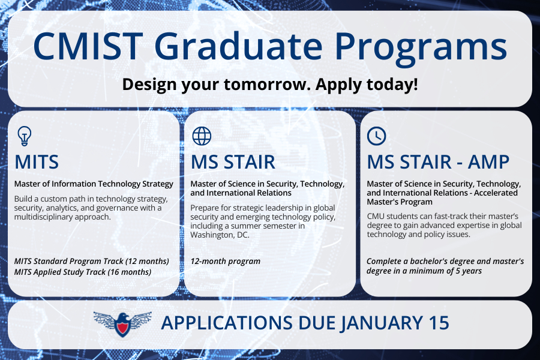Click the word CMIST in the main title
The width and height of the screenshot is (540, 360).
tap(88, 46)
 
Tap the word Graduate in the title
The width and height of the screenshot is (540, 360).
tap(238, 45)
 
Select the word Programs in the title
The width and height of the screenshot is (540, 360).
tap(421, 49)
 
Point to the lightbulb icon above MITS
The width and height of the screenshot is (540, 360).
tap(25, 136)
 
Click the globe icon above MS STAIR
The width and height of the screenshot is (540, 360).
tap(202, 136)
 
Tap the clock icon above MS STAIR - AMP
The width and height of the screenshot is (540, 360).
tap(376, 136)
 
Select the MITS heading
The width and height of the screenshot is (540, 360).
tap(37, 162)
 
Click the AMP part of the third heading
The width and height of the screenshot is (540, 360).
tap(488, 162)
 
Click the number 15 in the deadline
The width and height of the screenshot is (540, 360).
tap(439, 323)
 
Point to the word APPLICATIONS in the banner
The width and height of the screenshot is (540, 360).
tap(227, 323)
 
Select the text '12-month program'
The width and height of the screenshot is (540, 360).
tap(225, 262)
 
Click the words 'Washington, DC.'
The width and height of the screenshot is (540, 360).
tap(220, 235)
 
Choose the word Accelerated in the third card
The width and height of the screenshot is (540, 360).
tap(496, 193)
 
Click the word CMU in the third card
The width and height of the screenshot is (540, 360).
tap(375, 217)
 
